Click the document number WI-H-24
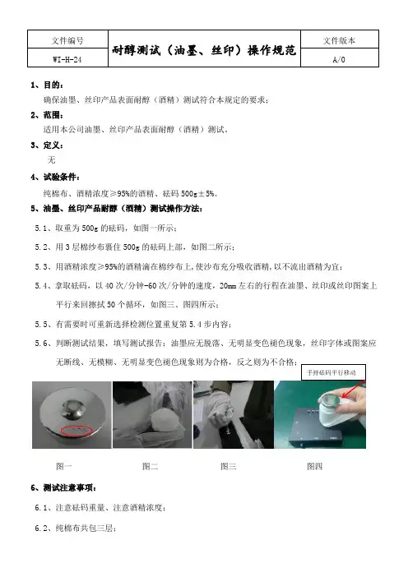coord(67,59)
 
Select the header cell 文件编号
coord(67,40)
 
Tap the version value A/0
coord(339,59)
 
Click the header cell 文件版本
coord(339,40)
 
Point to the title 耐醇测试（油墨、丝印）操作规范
coord(204,49)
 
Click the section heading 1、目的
coord(47,85)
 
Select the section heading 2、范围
coord(47,115)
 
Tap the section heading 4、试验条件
coord(55,177)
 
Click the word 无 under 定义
coord(51,159)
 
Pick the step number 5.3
coord(41,266)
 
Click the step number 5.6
coord(41,344)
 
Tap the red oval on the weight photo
coord(76,431)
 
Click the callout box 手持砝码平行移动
coord(334,372)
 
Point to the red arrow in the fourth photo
coord(353,389)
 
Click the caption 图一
coord(63,466)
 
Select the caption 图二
coord(151,466)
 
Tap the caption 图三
coord(229,466)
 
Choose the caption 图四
coord(315,466)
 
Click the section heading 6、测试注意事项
coord(63,488)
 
